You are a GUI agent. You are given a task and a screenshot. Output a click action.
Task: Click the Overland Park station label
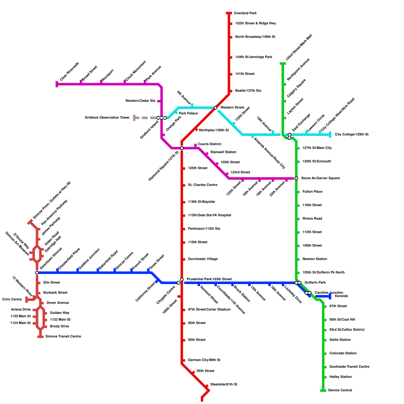point(245,13)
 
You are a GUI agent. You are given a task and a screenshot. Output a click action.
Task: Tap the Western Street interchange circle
point(215,108)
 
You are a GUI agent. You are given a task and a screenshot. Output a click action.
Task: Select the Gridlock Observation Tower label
point(107,118)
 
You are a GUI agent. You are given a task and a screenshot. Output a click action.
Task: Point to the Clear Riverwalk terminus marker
point(57,84)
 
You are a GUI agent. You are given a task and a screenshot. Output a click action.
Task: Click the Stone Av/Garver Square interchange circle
point(296,179)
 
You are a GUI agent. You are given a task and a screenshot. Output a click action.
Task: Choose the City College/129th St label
point(352,135)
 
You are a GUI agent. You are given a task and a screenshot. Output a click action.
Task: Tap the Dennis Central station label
point(340,390)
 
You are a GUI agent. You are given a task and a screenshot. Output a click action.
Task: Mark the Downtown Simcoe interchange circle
point(37,273)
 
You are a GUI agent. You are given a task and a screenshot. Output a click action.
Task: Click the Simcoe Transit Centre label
point(63,337)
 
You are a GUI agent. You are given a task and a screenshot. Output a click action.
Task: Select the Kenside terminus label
point(341,296)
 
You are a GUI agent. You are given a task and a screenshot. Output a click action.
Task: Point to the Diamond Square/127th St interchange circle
point(182,148)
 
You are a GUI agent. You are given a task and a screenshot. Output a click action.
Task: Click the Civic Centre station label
point(12,299)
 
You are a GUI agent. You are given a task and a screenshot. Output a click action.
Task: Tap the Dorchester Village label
point(203,259)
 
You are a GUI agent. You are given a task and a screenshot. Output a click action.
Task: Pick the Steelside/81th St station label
point(224,385)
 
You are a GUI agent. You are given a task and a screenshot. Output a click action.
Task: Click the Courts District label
point(209,144)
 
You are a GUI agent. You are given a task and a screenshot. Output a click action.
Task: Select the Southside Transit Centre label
point(349,367)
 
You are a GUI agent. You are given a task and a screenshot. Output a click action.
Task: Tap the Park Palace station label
point(188,113)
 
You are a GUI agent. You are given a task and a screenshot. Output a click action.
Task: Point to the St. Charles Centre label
point(203,185)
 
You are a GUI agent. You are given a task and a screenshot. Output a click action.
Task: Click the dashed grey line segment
point(145,118)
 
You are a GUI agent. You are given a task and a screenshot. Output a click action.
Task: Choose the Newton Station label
point(315,259)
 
